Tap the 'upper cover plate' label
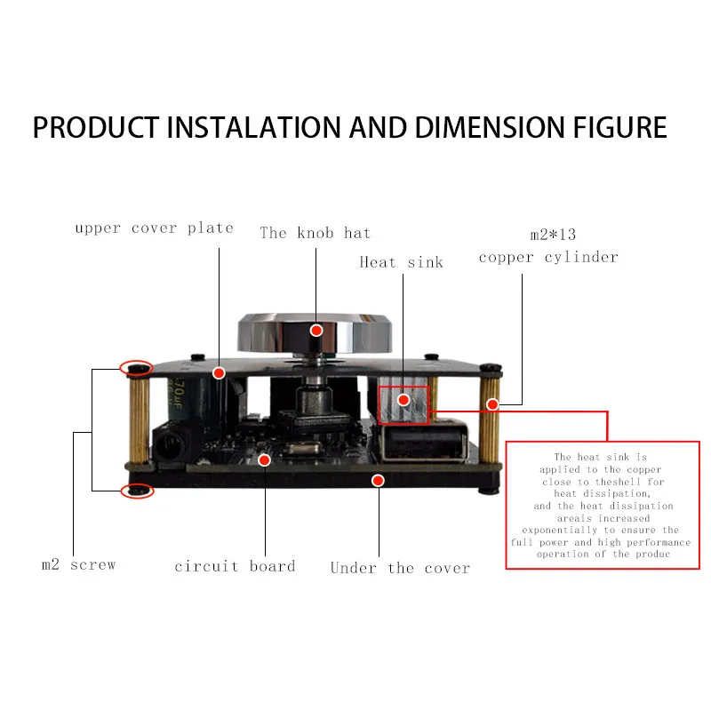point(154,228)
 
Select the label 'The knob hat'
point(316,233)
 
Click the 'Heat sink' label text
point(401,261)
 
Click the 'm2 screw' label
point(79,564)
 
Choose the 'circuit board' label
point(235,566)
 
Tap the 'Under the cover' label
point(400,568)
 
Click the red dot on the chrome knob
point(316,331)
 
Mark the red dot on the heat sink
point(403,400)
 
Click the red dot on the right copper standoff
point(492,405)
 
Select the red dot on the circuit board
point(265,459)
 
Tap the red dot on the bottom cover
point(378,481)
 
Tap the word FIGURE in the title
point(613,128)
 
